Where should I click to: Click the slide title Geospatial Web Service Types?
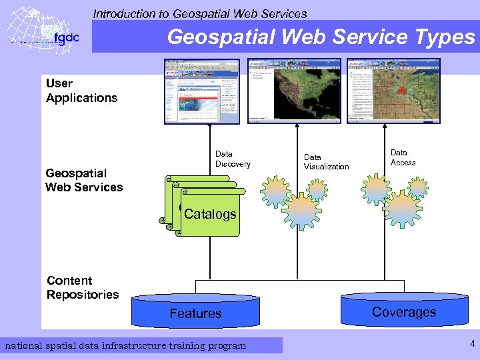point(321,37)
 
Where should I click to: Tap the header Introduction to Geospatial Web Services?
point(200,13)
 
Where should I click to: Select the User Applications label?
point(81,91)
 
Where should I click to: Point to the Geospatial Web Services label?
point(84,180)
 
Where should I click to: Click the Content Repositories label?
point(83,287)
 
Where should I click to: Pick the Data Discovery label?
point(233,159)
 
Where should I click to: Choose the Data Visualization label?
point(326,162)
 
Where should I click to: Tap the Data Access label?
point(403,157)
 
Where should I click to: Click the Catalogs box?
point(210,214)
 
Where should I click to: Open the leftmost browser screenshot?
point(201,91)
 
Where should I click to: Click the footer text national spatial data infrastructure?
point(125,345)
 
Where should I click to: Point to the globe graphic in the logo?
point(30,30)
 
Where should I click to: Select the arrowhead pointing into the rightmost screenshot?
point(384,127)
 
